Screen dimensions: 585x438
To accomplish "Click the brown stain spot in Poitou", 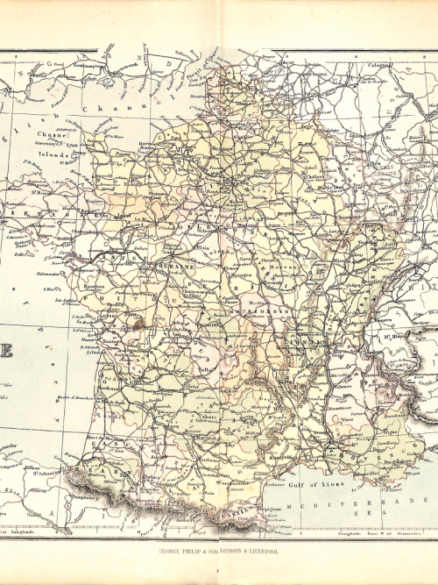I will pos(137,325).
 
